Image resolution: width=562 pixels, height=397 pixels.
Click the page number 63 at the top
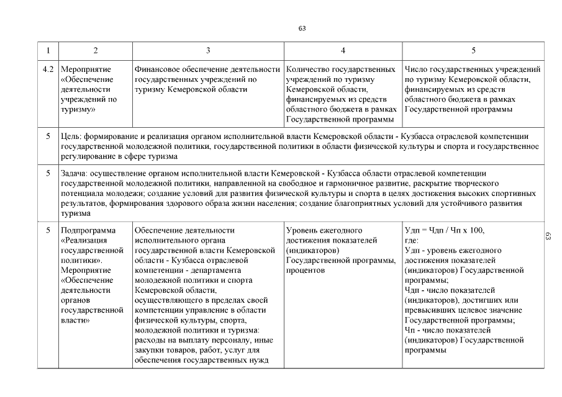point(302,29)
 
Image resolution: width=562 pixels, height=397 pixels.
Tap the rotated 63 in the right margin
point(548,236)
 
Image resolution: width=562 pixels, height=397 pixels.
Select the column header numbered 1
point(48,50)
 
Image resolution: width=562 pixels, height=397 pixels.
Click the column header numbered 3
point(207,50)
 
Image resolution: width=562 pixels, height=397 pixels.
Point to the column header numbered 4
point(343,50)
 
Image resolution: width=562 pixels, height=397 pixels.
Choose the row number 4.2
point(48,69)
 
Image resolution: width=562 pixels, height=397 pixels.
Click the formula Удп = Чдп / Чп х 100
point(444,231)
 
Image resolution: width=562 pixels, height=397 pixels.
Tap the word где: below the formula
point(412,241)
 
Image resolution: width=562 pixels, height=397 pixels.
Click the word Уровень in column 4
point(301,231)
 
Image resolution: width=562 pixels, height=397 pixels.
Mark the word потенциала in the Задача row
point(82,194)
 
